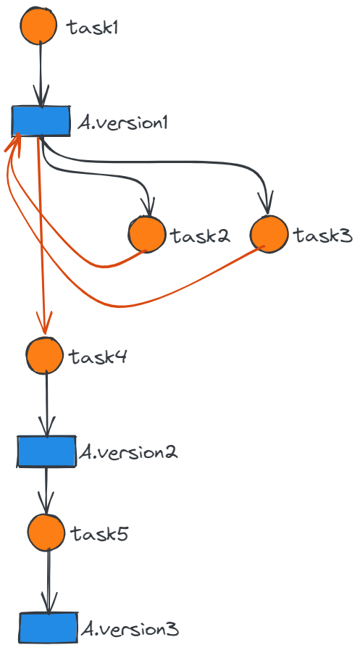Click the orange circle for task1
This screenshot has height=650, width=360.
coord(38,25)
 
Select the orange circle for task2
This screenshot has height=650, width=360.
coord(146,234)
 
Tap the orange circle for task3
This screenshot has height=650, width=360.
coord(269,234)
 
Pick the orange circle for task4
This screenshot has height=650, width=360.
coord(45,355)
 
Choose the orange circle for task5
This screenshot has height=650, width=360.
coord(46,533)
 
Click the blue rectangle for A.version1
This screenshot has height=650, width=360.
coord(41,120)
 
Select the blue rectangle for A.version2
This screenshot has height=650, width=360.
coord(46,451)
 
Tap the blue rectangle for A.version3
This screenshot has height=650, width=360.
coord(49,628)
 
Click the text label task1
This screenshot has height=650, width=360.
coord(93,28)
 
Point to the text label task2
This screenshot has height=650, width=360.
coord(200,236)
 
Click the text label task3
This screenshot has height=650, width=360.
coord(323,236)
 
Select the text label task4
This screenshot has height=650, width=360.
coord(99,357)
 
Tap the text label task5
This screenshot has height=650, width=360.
coord(99,533)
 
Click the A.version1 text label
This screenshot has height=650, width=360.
coord(122,123)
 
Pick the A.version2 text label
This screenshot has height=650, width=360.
coord(128,451)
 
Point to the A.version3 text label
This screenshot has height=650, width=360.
coord(129,629)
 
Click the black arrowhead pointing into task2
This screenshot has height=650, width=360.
coord(148,207)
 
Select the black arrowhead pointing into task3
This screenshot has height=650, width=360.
coord(266,202)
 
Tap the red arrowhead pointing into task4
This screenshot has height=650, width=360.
coord(44,322)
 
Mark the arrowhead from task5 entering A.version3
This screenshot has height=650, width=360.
coord(49,603)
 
